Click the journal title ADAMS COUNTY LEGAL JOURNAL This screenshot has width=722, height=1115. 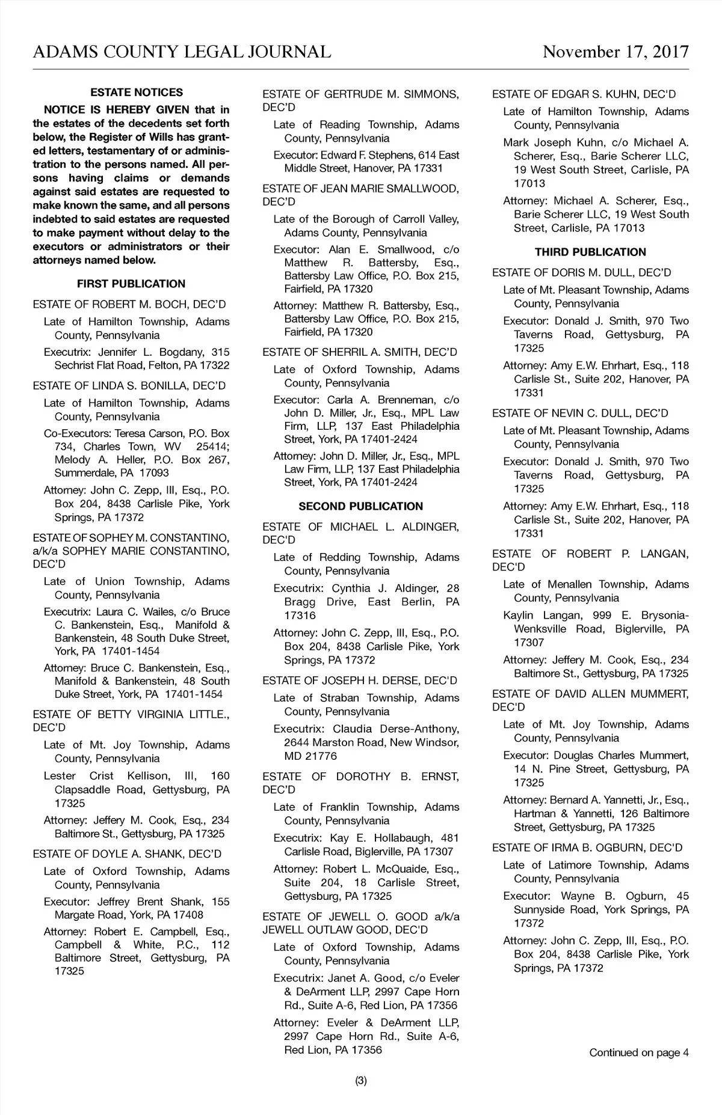pyautogui.click(x=182, y=52)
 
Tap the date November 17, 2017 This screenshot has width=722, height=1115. pyautogui.click(x=616, y=52)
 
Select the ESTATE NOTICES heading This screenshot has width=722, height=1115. pyautogui.click(x=137, y=93)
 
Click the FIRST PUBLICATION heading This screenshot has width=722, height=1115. pyautogui.click(x=131, y=284)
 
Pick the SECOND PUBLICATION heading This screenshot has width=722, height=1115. pyautogui.click(x=360, y=506)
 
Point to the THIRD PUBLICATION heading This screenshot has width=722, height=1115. pyautogui.click(x=590, y=252)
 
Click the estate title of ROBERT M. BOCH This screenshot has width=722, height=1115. pyautogui.click(x=129, y=304)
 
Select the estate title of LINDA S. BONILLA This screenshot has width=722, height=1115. pyautogui.click(x=129, y=385)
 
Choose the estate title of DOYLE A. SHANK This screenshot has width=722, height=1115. pyautogui.click(x=127, y=854)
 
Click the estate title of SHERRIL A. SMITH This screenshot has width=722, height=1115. pyautogui.click(x=360, y=352)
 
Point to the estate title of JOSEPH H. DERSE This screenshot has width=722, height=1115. pyautogui.click(x=360, y=680)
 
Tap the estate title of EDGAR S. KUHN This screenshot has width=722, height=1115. pyautogui.click(x=584, y=94)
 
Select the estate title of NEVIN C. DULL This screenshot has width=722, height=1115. pyautogui.click(x=580, y=413)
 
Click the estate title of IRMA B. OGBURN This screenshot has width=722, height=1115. pyautogui.click(x=587, y=848)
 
